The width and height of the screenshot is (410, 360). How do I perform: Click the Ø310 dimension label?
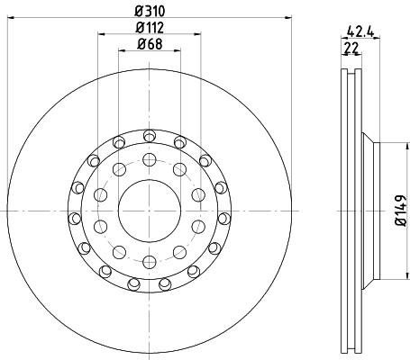coord(150,11)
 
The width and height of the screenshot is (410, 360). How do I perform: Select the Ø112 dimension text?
coord(150,28)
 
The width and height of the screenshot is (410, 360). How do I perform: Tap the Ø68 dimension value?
coord(150,44)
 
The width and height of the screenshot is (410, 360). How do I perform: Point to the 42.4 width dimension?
coord(360,31)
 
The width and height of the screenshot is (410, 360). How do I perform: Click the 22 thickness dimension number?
coord(351,48)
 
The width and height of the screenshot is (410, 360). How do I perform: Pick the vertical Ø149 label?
coord(401,211)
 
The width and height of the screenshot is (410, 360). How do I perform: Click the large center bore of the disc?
coord(150,211)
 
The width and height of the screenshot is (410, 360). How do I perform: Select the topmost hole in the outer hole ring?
coord(150,136)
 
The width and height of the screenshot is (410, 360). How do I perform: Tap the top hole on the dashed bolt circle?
coord(150,159)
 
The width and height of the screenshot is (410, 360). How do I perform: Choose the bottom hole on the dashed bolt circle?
coord(150,263)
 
